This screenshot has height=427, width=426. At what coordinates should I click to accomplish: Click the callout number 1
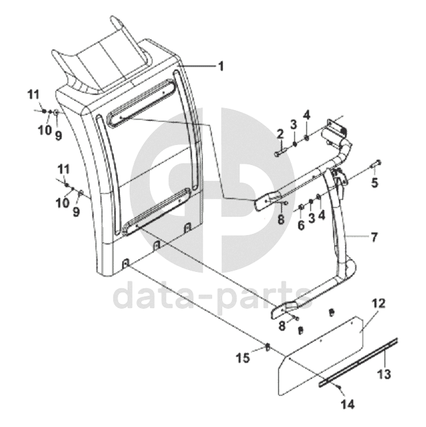point(221,66)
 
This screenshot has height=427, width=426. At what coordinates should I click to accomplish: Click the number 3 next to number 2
point(293,124)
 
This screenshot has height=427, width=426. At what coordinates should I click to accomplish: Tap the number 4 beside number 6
point(322,215)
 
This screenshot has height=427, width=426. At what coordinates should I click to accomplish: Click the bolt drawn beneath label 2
point(279,154)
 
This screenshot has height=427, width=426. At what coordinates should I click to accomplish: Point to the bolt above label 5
point(376,162)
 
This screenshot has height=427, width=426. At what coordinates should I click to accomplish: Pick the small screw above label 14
point(341,389)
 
